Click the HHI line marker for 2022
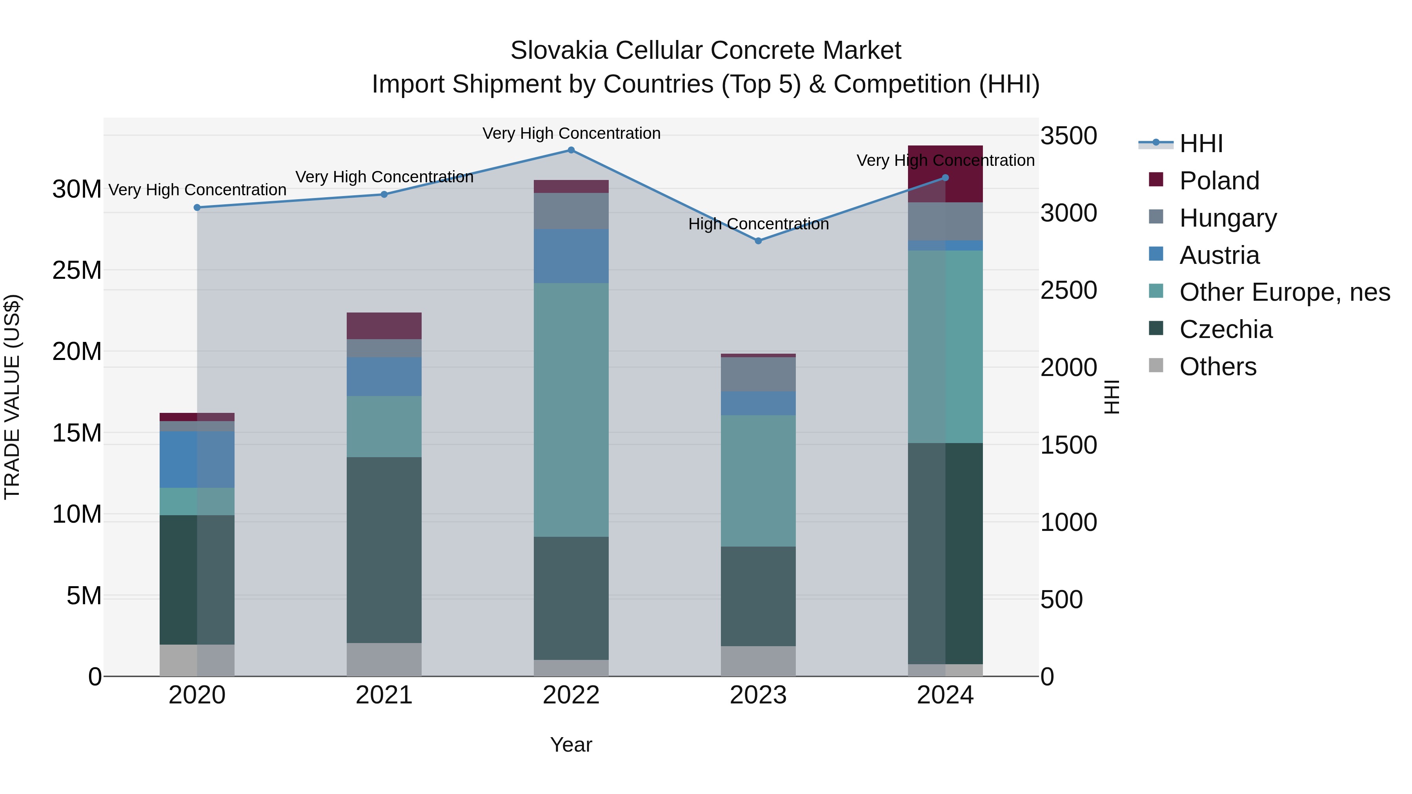[x=571, y=150]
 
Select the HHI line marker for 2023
[x=758, y=241]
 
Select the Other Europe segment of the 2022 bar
[x=571, y=409]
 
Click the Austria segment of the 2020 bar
[x=197, y=459]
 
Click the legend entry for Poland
[x=1219, y=181]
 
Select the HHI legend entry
[x=1201, y=144]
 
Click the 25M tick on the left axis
[x=77, y=270]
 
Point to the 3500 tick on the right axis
[x=1068, y=136]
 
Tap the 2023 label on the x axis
[x=758, y=695]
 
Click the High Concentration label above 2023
[x=758, y=224]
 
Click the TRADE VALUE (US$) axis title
[x=12, y=397]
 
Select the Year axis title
[x=571, y=745]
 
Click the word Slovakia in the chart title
[x=559, y=51]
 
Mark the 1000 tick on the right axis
[x=1068, y=522]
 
